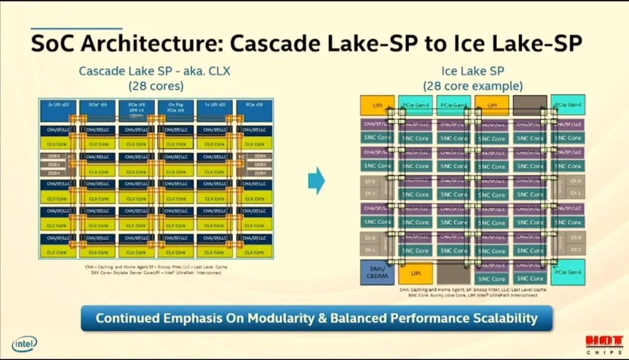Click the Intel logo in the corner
click(x=24, y=344)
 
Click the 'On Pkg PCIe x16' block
click(x=176, y=108)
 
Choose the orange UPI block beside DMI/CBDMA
click(x=415, y=273)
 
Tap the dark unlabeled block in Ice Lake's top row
click(x=529, y=105)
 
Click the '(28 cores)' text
click(x=156, y=86)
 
